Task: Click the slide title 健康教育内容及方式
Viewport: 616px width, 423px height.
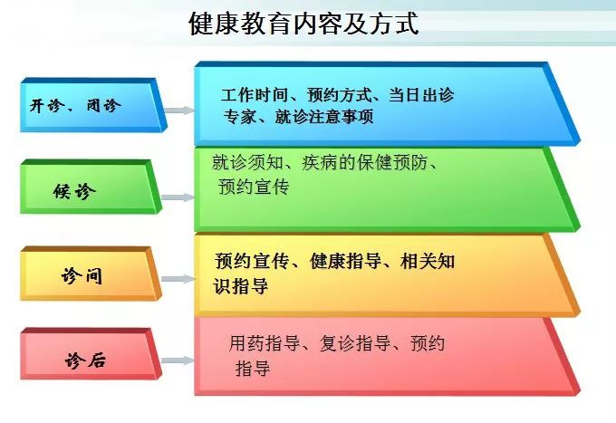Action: pos(303,24)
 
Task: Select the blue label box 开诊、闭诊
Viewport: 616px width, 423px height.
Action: pos(93,105)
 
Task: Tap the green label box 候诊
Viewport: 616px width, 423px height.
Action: pos(91,187)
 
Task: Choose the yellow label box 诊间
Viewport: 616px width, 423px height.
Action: pos(91,274)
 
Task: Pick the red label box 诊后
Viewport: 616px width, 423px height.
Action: pos(91,354)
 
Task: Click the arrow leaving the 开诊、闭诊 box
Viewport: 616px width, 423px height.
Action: pos(178,111)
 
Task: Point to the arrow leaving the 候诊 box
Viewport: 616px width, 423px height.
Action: pos(178,197)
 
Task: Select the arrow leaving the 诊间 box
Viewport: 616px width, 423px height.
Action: pos(178,279)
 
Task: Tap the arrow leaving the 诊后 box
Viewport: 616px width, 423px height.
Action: pos(178,361)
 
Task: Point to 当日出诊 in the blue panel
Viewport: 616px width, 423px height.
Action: pos(421,95)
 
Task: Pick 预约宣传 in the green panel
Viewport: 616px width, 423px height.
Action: pos(254,187)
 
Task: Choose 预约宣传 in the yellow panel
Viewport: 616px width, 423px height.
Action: pos(252,261)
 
